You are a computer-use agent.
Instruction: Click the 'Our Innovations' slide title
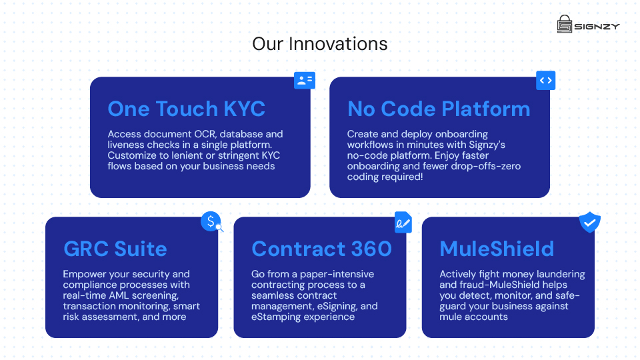pyautogui.click(x=319, y=44)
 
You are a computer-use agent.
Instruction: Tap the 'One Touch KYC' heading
pyautogui.click(x=186, y=109)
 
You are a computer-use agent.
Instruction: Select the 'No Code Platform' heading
pyautogui.click(x=439, y=109)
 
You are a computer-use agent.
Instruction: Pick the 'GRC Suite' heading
pyautogui.click(x=115, y=249)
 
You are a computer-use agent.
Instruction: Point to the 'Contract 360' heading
pyautogui.click(x=321, y=249)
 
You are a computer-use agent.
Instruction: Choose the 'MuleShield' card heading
pyautogui.click(x=497, y=249)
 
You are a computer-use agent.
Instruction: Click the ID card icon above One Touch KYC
pyautogui.click(x=305, y=81)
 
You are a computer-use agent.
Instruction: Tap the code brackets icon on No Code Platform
pyautogui.click(x=545, y=81)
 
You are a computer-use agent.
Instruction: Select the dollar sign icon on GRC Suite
pyautogui.click(x=211, y=221)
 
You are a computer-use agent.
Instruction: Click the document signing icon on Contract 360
pyautogui.click(x=403, y=223)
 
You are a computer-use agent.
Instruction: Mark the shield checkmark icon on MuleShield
pyautogui.click(x=589, y=222)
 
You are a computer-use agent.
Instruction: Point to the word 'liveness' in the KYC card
pyautogui.click(x=126, y=145)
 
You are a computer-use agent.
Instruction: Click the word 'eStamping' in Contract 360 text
pyautogui.click(x=275, y=317)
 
